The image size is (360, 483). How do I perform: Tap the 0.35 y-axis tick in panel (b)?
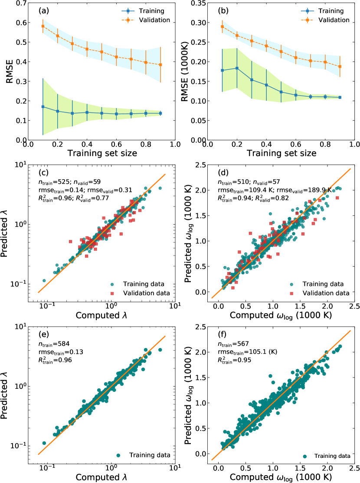(196, 3)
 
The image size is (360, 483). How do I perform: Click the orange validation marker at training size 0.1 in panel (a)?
(43, 26)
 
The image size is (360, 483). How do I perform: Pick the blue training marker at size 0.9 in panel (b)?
(340, 97)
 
